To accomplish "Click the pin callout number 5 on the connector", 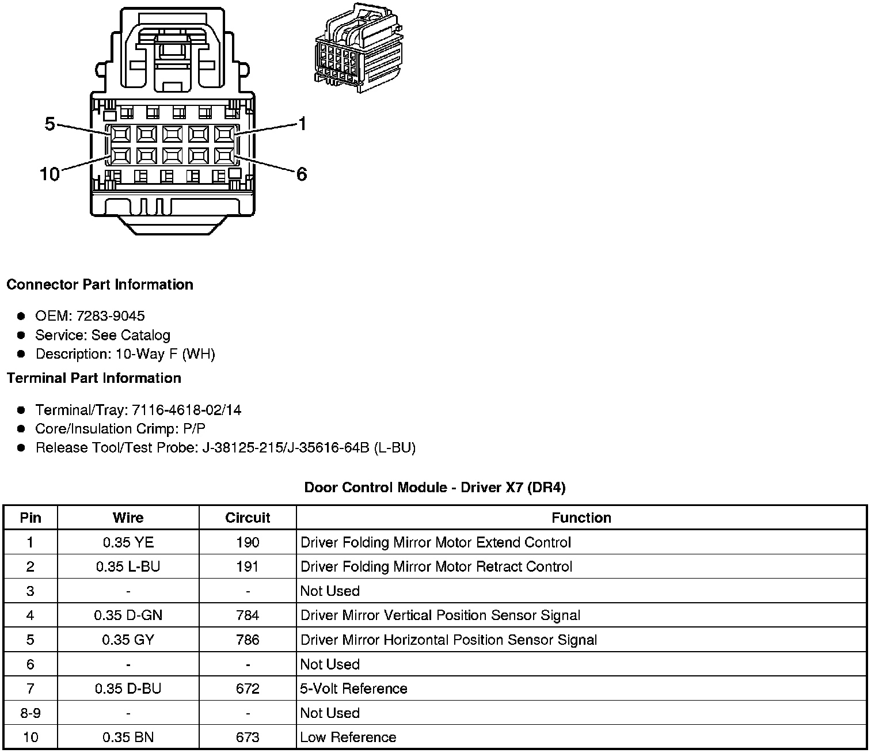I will point(50,124).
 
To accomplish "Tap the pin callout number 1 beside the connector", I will point(302,124).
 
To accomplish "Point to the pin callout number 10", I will point(50,174).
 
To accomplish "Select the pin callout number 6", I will point(302,174).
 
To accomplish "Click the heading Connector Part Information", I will point(100,284).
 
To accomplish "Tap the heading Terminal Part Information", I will point(94,378).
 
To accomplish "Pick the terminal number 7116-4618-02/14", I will point(187,410).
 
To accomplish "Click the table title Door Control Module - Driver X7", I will point(435,488).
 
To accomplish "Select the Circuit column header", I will point(248,518).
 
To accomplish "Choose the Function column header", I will point(581,518).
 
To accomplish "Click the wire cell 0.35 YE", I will point(128,542).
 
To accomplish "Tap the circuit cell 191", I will point(248,566).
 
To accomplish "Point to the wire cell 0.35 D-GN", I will point(128,615).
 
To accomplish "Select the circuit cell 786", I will point(248,640).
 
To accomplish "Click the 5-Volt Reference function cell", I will point(353,689).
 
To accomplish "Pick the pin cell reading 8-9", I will point(31,713).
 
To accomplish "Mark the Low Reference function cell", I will point(348,737).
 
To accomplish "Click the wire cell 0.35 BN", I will point(128,737).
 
